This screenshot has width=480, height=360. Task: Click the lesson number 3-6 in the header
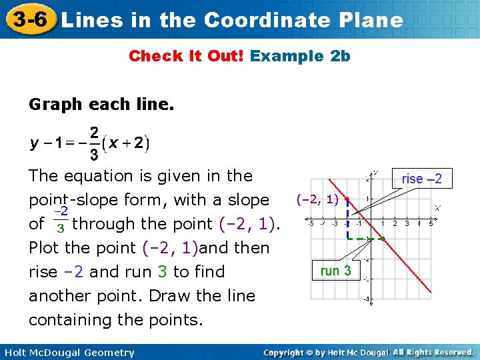(x=28, y=19)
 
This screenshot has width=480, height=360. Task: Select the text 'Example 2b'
(x=300, y=56)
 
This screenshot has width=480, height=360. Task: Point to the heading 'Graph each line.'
(x=101, y=104)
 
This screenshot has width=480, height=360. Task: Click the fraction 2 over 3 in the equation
(x=95, y=143)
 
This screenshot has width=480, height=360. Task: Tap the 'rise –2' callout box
(x=421, y=178)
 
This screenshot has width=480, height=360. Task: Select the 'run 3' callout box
(x=335, y=271)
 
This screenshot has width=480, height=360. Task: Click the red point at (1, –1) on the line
(x=383, y=239)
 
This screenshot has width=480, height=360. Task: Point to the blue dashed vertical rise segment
(x=347, y=219)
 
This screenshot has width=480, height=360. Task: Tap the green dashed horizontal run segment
(x=365, y=239)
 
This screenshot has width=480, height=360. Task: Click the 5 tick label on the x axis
(x=431, y=223)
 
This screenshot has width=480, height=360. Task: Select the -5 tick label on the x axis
(x=310, y=223)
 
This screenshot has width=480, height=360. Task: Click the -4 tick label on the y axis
(x=366, y=299)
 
